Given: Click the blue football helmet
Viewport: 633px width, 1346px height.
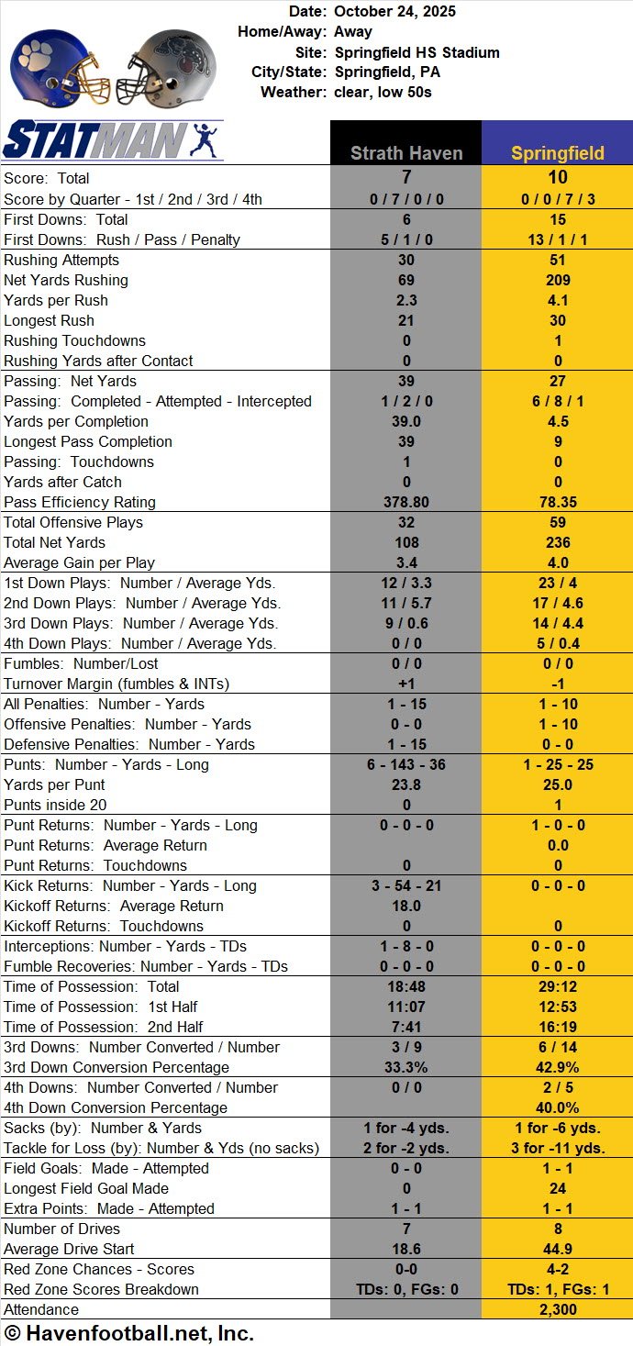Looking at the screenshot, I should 58,67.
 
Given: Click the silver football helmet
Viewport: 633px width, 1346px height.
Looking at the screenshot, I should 172,67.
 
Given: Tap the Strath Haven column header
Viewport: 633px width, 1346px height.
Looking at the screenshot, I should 405,153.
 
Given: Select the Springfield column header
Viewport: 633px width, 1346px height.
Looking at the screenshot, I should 558,153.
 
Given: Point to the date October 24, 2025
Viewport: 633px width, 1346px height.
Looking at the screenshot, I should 394,12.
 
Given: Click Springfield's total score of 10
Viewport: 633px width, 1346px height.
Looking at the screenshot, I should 558,177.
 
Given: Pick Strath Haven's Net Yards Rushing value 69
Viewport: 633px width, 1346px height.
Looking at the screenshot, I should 405,280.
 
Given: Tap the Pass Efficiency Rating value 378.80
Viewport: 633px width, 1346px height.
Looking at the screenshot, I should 405,502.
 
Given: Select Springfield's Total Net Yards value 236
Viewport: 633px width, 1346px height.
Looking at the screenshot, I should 558,542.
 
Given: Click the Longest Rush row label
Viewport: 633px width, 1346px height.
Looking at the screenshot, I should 49,320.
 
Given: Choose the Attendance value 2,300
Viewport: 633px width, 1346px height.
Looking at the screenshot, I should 558,1309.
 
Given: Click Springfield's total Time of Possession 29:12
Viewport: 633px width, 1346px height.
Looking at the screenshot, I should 558,986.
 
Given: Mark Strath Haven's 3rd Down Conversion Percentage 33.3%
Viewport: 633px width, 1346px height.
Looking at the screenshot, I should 405,1067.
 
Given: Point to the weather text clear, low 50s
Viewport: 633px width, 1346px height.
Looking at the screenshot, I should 383,93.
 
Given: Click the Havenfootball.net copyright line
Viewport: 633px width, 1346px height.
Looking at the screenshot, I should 128,1333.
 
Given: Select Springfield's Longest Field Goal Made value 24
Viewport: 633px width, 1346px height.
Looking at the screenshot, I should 558,1188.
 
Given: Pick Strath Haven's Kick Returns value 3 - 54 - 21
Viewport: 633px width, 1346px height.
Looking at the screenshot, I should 405,885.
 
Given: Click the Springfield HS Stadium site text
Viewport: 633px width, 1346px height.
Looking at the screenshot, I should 416,52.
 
